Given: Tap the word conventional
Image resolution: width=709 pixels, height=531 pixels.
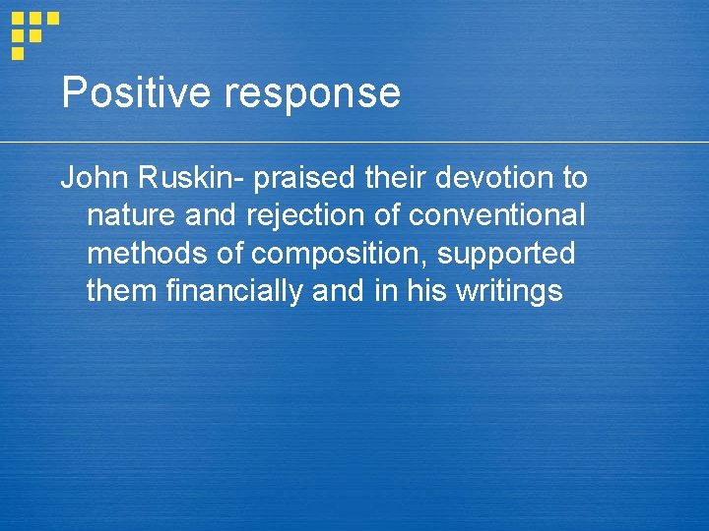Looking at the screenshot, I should point(496,215).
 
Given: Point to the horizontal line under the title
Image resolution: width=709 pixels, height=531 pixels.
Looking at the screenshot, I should point(394,143).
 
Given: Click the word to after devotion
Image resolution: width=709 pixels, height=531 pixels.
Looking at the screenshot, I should point(574,178).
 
